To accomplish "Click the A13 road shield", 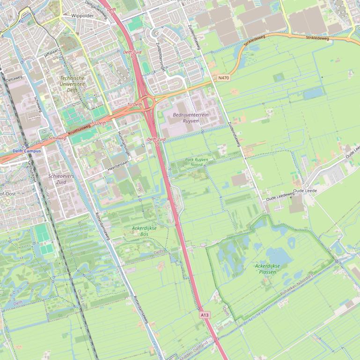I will point(205,315).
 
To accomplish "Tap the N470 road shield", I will point(224,78).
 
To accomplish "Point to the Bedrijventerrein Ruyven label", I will point(191,117).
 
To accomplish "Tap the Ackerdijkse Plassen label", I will point(267,268).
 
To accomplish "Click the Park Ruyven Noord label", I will point(197,162).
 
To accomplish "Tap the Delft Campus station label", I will point(27,151).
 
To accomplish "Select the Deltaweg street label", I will point(15,78).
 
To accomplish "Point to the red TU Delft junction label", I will point(134,104).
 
